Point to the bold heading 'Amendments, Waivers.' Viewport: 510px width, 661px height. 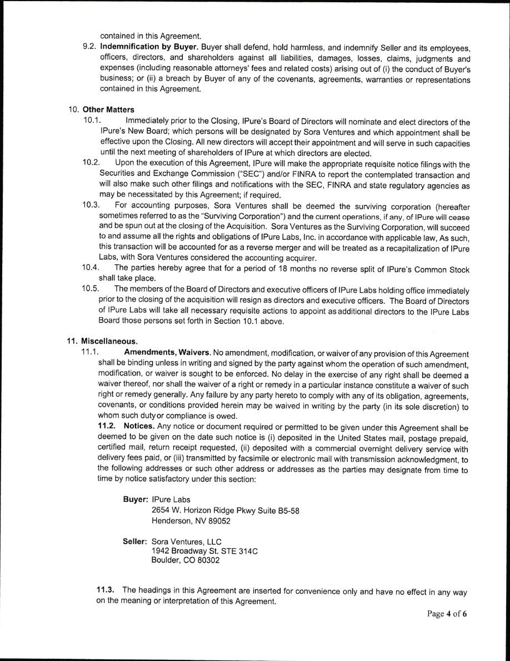(167, 354)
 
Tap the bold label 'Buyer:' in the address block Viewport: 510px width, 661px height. (135, 500)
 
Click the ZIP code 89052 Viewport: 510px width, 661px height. (219, 521)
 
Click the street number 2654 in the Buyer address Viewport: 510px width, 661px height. (161, 511)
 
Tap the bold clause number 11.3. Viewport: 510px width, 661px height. (107, 591)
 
